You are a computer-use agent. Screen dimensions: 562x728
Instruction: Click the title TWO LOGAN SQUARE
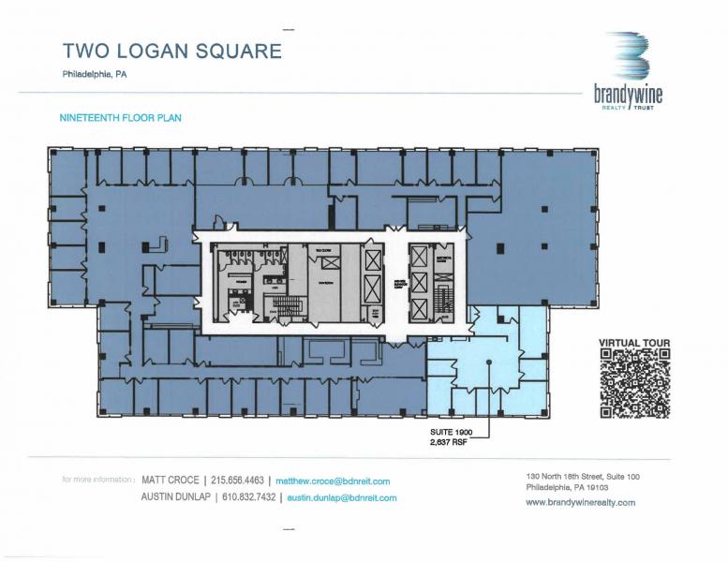point(171,51)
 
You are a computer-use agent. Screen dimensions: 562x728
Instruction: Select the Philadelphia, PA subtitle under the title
point(94,75)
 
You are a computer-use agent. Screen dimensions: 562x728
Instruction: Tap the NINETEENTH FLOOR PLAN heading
point(120,119)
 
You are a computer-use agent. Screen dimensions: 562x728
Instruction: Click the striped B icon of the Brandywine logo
point(627,57)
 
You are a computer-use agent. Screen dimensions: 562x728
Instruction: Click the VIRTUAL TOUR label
point(633,343)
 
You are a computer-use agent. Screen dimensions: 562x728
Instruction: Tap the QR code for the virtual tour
point(634,383)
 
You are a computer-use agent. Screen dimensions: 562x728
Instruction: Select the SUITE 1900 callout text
point(445,433)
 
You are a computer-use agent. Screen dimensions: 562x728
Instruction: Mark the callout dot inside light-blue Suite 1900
point(488,363)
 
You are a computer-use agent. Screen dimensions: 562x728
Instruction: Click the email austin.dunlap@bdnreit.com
point(341,497)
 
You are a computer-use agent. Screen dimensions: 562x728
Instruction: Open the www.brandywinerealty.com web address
point(580,502)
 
